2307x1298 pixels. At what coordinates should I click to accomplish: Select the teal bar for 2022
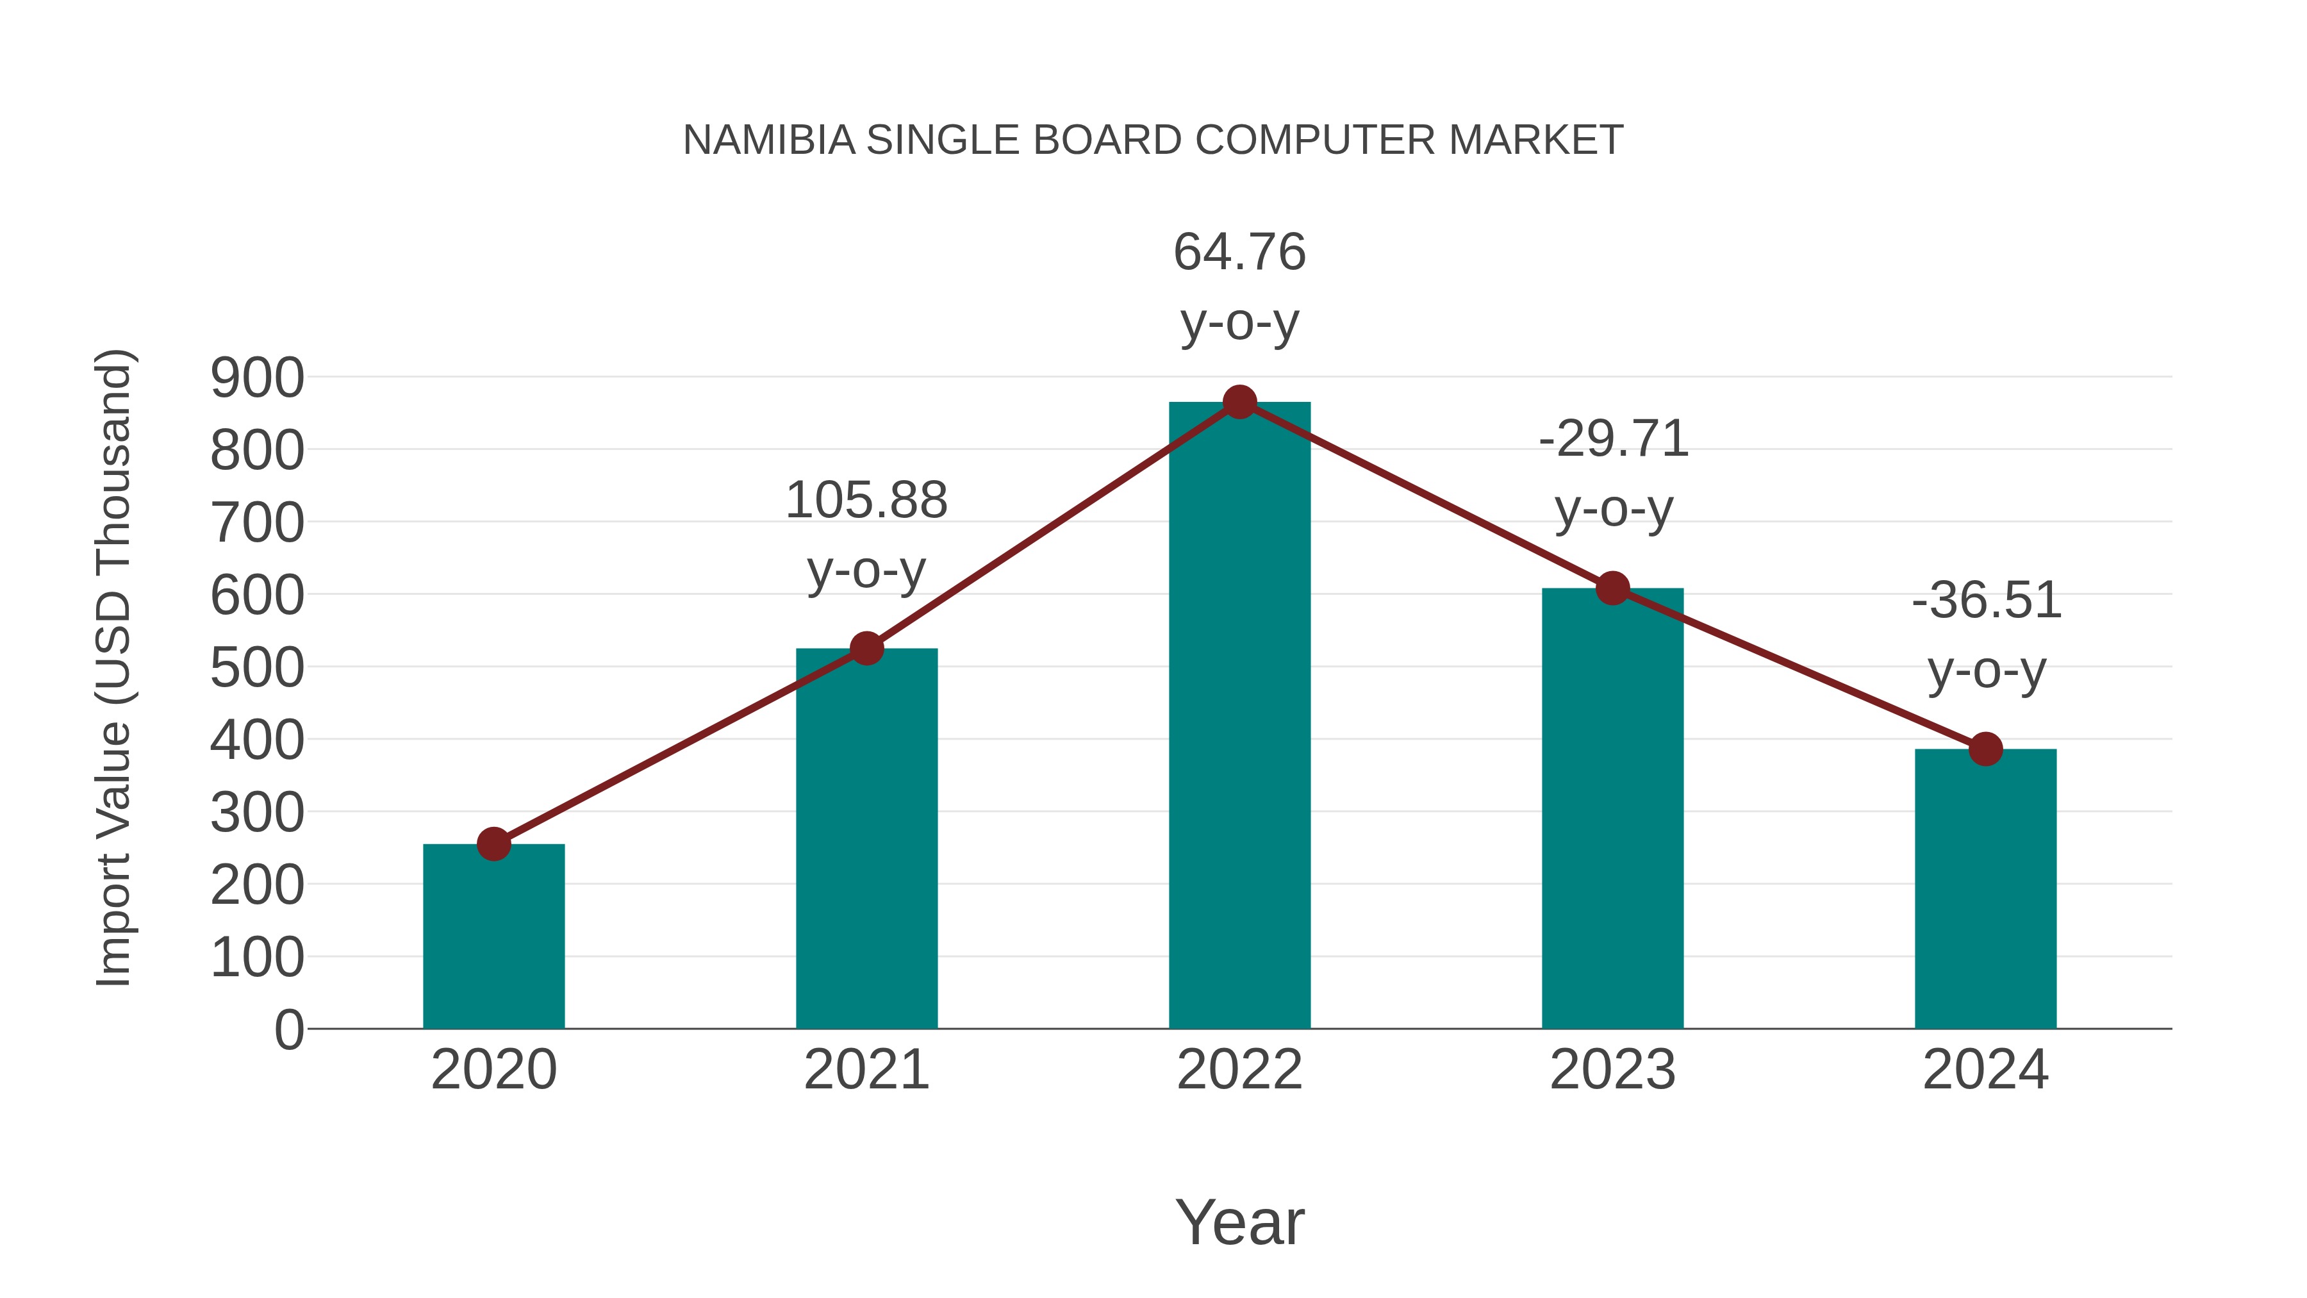(x=1239, y=717)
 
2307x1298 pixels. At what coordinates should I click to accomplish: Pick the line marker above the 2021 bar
(x=866, y=647)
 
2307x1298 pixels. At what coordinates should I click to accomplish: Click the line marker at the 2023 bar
(x=1612, y=588)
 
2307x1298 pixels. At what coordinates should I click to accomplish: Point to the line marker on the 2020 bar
(x=493, y=844)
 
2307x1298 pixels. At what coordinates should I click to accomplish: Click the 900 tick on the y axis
(x=257, y=378)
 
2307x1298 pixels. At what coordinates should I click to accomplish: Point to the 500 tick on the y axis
(x=257, y=669)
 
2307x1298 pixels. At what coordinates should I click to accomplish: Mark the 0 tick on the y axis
(x=288, y=1030)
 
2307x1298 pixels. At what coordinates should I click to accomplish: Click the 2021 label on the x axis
(x=866, y=1070)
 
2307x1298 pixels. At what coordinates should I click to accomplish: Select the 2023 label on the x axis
(x=1612, y=1070)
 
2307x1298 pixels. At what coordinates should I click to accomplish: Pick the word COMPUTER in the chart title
(x=1316, y=140)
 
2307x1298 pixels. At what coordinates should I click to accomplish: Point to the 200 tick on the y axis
(x=257, y=886)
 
